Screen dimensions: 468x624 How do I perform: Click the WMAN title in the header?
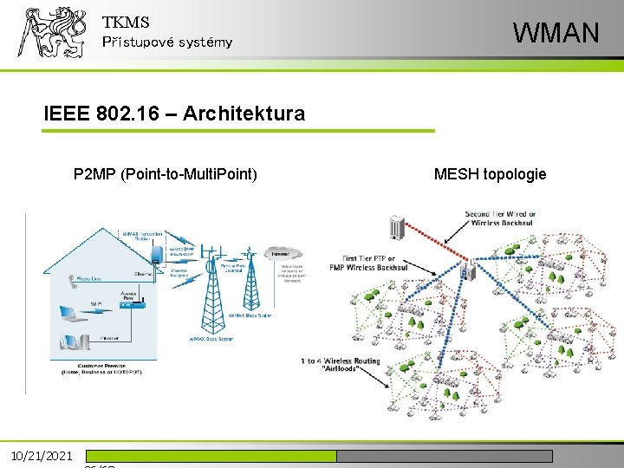(556, 33)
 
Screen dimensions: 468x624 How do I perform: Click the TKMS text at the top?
(126, 23)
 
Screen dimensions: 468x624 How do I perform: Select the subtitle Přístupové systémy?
(167, 42)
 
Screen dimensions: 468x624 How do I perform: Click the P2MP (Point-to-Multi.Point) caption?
(166, 175)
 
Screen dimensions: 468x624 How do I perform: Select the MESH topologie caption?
(490, 175)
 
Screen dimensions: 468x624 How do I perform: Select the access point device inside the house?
(129, 303)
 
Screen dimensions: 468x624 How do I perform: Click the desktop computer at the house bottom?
(73, 342)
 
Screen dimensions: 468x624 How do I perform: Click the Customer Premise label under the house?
(101, 368)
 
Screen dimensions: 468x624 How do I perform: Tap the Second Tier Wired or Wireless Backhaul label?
(500, 218)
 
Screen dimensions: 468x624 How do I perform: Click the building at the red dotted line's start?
(399, 226)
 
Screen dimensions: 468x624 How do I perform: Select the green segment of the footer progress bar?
(211, 456)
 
